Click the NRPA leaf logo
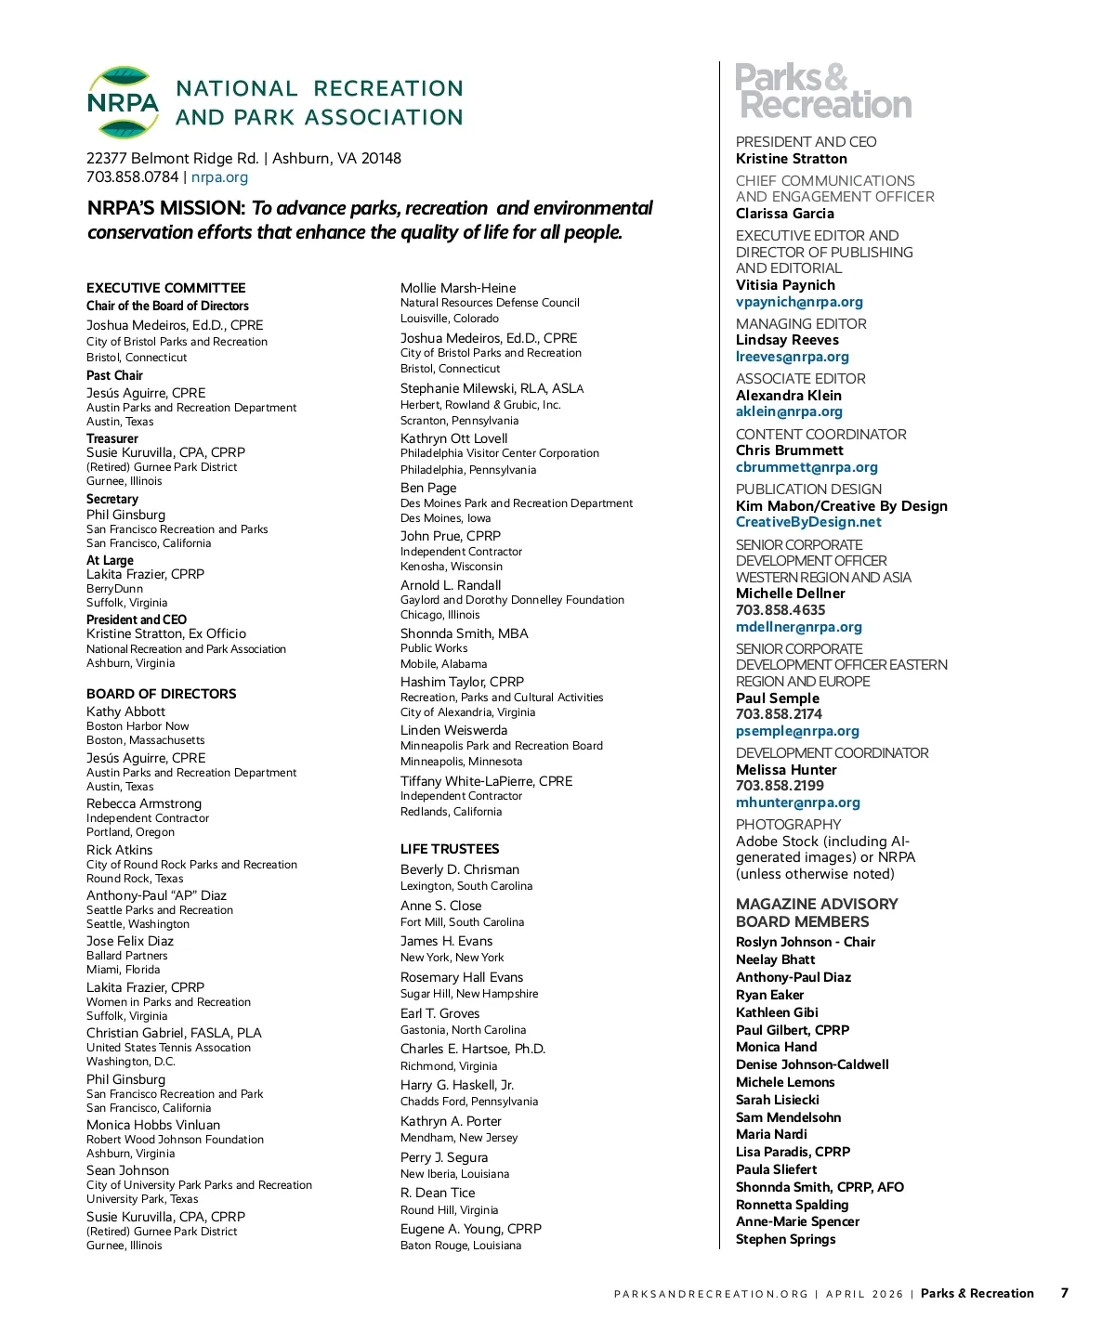(123, 102)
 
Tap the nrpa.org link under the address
(219, 177)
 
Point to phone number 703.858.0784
(132, 177)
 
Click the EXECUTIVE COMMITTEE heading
(166, 288)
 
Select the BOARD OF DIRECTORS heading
(162, 694)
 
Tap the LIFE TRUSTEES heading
(450, 849)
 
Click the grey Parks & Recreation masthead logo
(823, 91)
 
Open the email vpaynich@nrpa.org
(799, 302)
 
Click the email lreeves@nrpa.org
(793, 357)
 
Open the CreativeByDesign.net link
(808, 522)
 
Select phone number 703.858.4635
(780, 610)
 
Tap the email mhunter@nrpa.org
(798, 803)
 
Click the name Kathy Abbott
(125, 711)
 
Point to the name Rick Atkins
(120, 850)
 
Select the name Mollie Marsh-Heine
(458, 288)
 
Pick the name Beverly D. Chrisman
(460, 869)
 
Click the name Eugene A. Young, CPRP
(471, 1229)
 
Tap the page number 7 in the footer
(1065, 1293)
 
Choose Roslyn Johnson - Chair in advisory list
(806, 942)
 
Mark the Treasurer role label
(112, 438)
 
